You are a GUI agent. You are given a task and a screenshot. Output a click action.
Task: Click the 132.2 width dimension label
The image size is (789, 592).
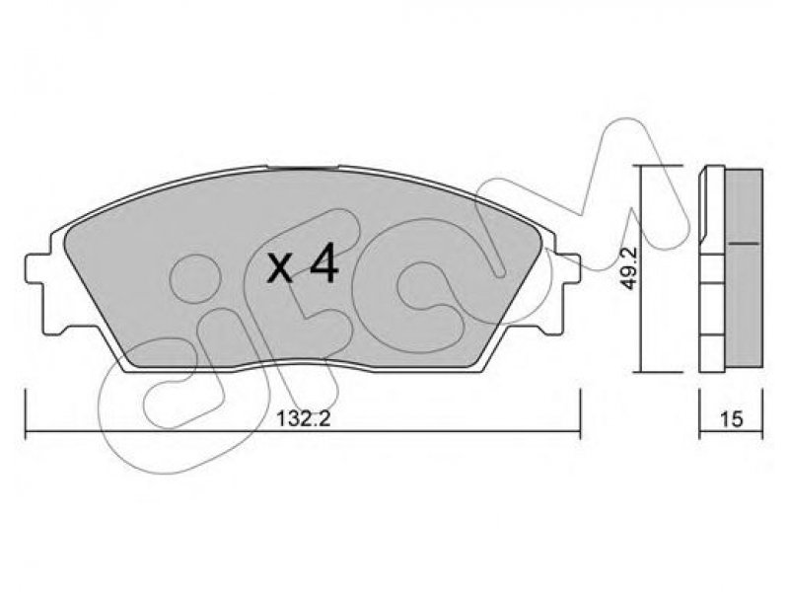point(304,417)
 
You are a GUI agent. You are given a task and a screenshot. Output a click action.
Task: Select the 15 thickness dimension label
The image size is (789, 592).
point(731,418)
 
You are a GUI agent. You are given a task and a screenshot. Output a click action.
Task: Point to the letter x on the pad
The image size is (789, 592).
point(280,269)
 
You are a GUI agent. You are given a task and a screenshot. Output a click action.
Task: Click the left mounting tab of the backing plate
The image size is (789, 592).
point(36,268)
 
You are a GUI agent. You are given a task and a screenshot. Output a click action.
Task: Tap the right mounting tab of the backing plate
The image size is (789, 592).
point(568,269)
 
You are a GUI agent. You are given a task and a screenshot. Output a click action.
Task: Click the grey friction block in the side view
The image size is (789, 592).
point(744,269)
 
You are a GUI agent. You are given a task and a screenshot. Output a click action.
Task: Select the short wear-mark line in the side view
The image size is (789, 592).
point(744,243)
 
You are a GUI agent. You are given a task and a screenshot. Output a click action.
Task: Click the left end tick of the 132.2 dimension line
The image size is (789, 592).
point(26,413)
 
